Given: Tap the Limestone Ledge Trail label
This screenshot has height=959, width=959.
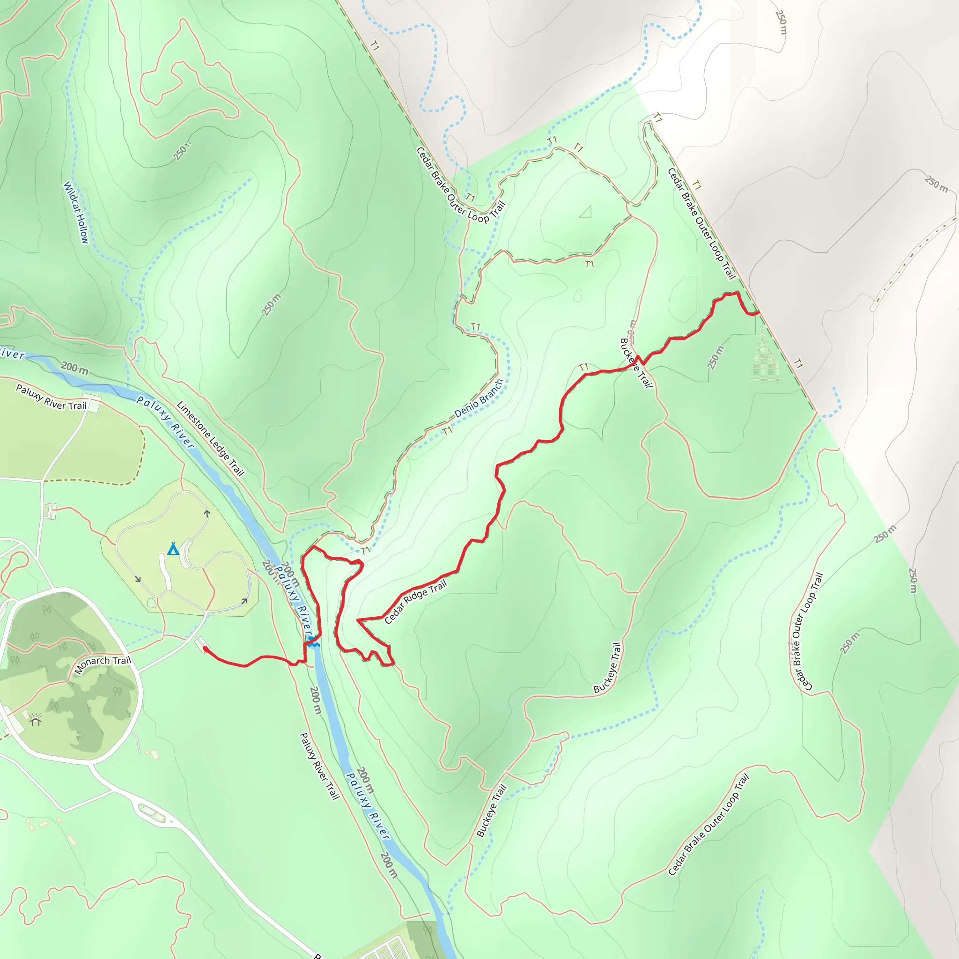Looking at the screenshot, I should [x=210, y=439].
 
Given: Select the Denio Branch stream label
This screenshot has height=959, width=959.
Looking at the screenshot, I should [x=479, y=398].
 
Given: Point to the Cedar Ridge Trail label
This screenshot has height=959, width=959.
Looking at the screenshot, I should [x=415, y=603].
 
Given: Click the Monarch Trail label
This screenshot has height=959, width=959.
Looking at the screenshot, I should [x=103, y=664].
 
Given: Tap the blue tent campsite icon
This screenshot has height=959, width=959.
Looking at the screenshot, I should [x=173, y=549].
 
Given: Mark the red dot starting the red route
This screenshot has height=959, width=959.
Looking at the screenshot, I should [x=206, y=649].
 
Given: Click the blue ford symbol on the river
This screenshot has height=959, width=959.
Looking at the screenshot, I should [x=313, y=644].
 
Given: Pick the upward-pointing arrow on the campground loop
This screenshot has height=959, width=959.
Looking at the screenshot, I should [x=207, y=514].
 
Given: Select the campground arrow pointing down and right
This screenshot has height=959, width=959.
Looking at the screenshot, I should [x=138, y=579].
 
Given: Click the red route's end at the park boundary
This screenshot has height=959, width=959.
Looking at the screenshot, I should [x=758, y=313].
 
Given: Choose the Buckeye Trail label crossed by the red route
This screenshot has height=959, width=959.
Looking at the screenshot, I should [x=636, y=362].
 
